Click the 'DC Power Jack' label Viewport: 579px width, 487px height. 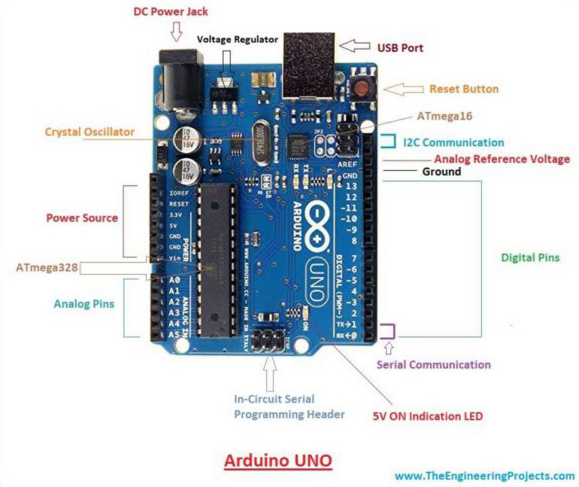[x=171, y=13]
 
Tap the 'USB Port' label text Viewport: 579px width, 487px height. [x=400, y=48]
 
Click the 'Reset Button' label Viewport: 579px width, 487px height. [x=463, y=89]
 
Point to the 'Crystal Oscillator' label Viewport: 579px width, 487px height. [x=89, y=132]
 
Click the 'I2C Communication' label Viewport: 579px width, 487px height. [x=453, y=142]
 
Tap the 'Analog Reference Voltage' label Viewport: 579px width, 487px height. [x=502, y=160]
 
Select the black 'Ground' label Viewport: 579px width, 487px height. [x=441, y=172]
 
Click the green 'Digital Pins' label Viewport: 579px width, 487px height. [x=530, y=257]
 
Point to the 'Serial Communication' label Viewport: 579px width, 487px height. [x=433, y=364]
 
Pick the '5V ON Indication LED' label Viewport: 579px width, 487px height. [x=427, y=415]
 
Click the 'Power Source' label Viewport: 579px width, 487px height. [x=82, y=218]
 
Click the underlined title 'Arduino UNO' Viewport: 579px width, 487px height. [x=278, y=460]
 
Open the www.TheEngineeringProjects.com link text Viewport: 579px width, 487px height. [x=484, y=476]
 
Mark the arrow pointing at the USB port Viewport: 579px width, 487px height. [x=356, y=46]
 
